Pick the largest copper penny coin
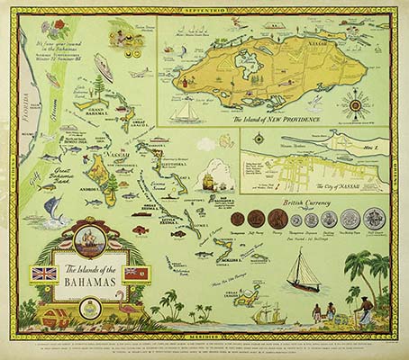coord(261,220)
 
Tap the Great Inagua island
coord(236,294)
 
